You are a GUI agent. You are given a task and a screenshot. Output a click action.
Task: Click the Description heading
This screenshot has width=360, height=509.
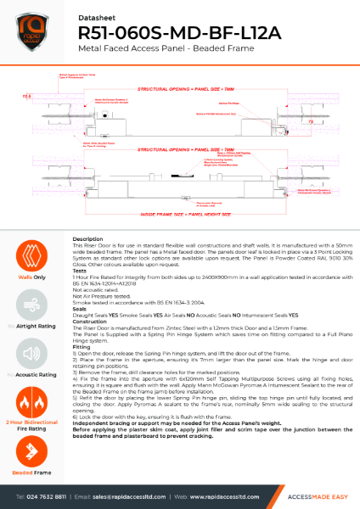click(88, 239)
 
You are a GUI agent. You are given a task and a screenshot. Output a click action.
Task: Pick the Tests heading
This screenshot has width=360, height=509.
click(82, 273)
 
